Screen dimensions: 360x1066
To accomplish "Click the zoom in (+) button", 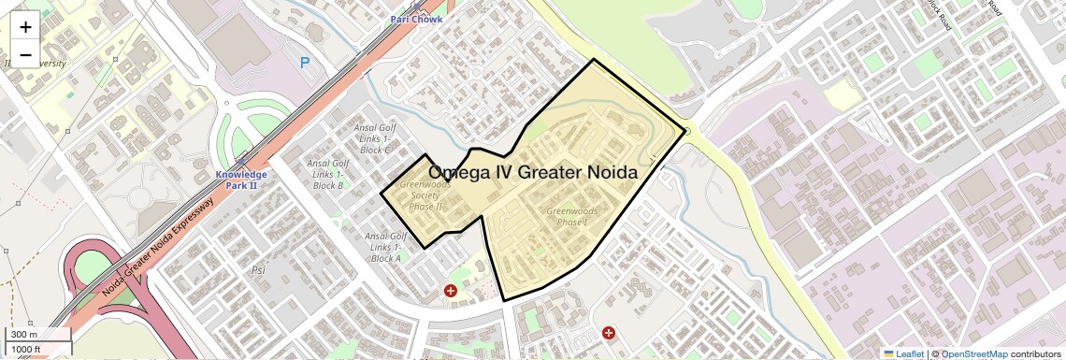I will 25,26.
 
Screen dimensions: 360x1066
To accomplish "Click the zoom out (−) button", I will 25,55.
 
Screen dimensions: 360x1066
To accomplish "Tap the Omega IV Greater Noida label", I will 532,172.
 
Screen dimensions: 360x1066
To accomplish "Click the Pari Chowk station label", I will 417,18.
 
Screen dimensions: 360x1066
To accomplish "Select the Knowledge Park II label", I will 241,180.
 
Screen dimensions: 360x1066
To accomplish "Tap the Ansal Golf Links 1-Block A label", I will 385,247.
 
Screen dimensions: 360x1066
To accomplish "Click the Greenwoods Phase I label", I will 571,217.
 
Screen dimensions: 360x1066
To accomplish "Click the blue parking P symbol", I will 304,63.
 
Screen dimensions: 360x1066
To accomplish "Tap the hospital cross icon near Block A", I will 451,292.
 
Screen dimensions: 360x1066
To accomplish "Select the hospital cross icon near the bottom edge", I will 609,332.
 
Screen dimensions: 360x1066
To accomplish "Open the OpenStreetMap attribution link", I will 973,353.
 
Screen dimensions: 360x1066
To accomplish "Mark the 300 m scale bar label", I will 24,335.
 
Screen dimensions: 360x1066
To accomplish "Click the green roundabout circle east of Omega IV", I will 686,132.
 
